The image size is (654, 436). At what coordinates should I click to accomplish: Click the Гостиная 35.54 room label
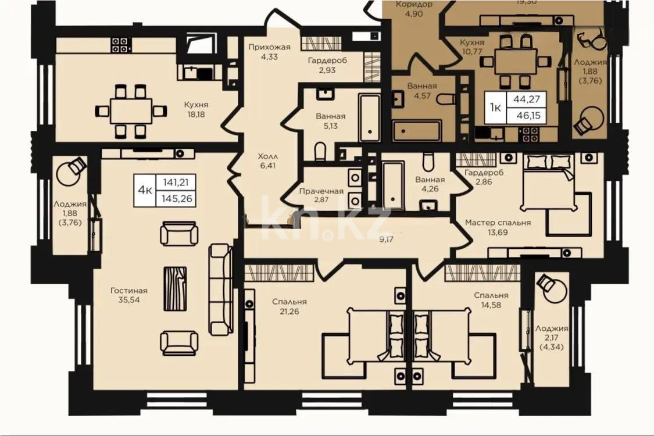pyautogui.click(x=128, y=295)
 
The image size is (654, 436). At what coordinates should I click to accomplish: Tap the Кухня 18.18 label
pyautogui.click(x=196, y=109)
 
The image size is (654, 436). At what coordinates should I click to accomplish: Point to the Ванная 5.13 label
pyautogui.click(x=331, y=120)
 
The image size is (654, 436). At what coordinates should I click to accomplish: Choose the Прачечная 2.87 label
pyautogui.click(x=321, y=195)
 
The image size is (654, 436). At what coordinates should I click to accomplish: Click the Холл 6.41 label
pyautogui.click(x=268, y=161)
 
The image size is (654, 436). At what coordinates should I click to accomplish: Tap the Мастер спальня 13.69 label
pyautogui.click(x=498, y=227)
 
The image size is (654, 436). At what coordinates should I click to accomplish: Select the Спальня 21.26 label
pyautogui.click(x=290, y=306)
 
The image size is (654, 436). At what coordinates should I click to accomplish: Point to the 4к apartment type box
pyautogui.click(x=145, y=190)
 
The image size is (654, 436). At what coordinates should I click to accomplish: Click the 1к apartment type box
pyautogui.click(x=495, y=107)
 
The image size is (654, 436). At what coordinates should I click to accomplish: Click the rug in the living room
pyautogui.click(x=175, y=288)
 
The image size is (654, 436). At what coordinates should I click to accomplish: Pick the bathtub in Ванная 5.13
pyautogui.click(x=368, y=117)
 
